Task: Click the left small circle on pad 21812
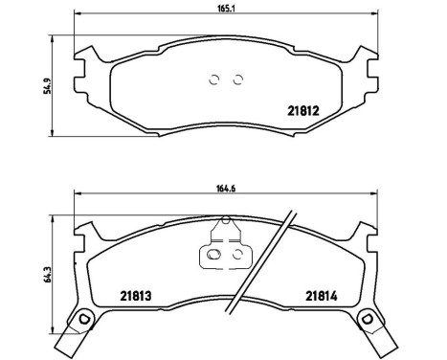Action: click(215, 79)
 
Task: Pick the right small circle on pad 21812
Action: click(238, 79)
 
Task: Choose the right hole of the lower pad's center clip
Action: click(235, 256)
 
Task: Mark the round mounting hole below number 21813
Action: click(84, 319)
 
